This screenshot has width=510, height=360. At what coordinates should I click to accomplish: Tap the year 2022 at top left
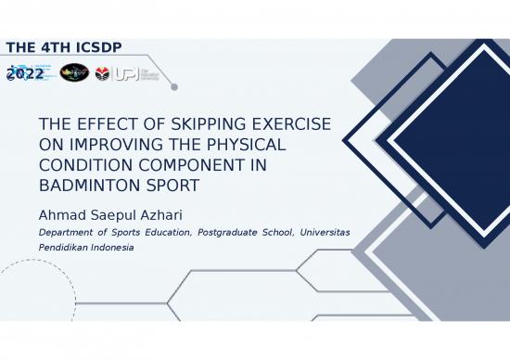click(x=24, y=73)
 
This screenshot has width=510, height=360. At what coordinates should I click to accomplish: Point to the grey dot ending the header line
click(x=174, y=87)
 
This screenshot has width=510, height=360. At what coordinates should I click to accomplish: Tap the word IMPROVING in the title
click(x=117, y=145)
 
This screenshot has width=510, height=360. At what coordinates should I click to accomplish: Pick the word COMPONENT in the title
click(x=178, y=165)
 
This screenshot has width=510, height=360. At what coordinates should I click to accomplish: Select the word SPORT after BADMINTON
click(x=168, y=186)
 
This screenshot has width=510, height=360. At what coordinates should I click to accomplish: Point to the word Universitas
click(x=325, y=232)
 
